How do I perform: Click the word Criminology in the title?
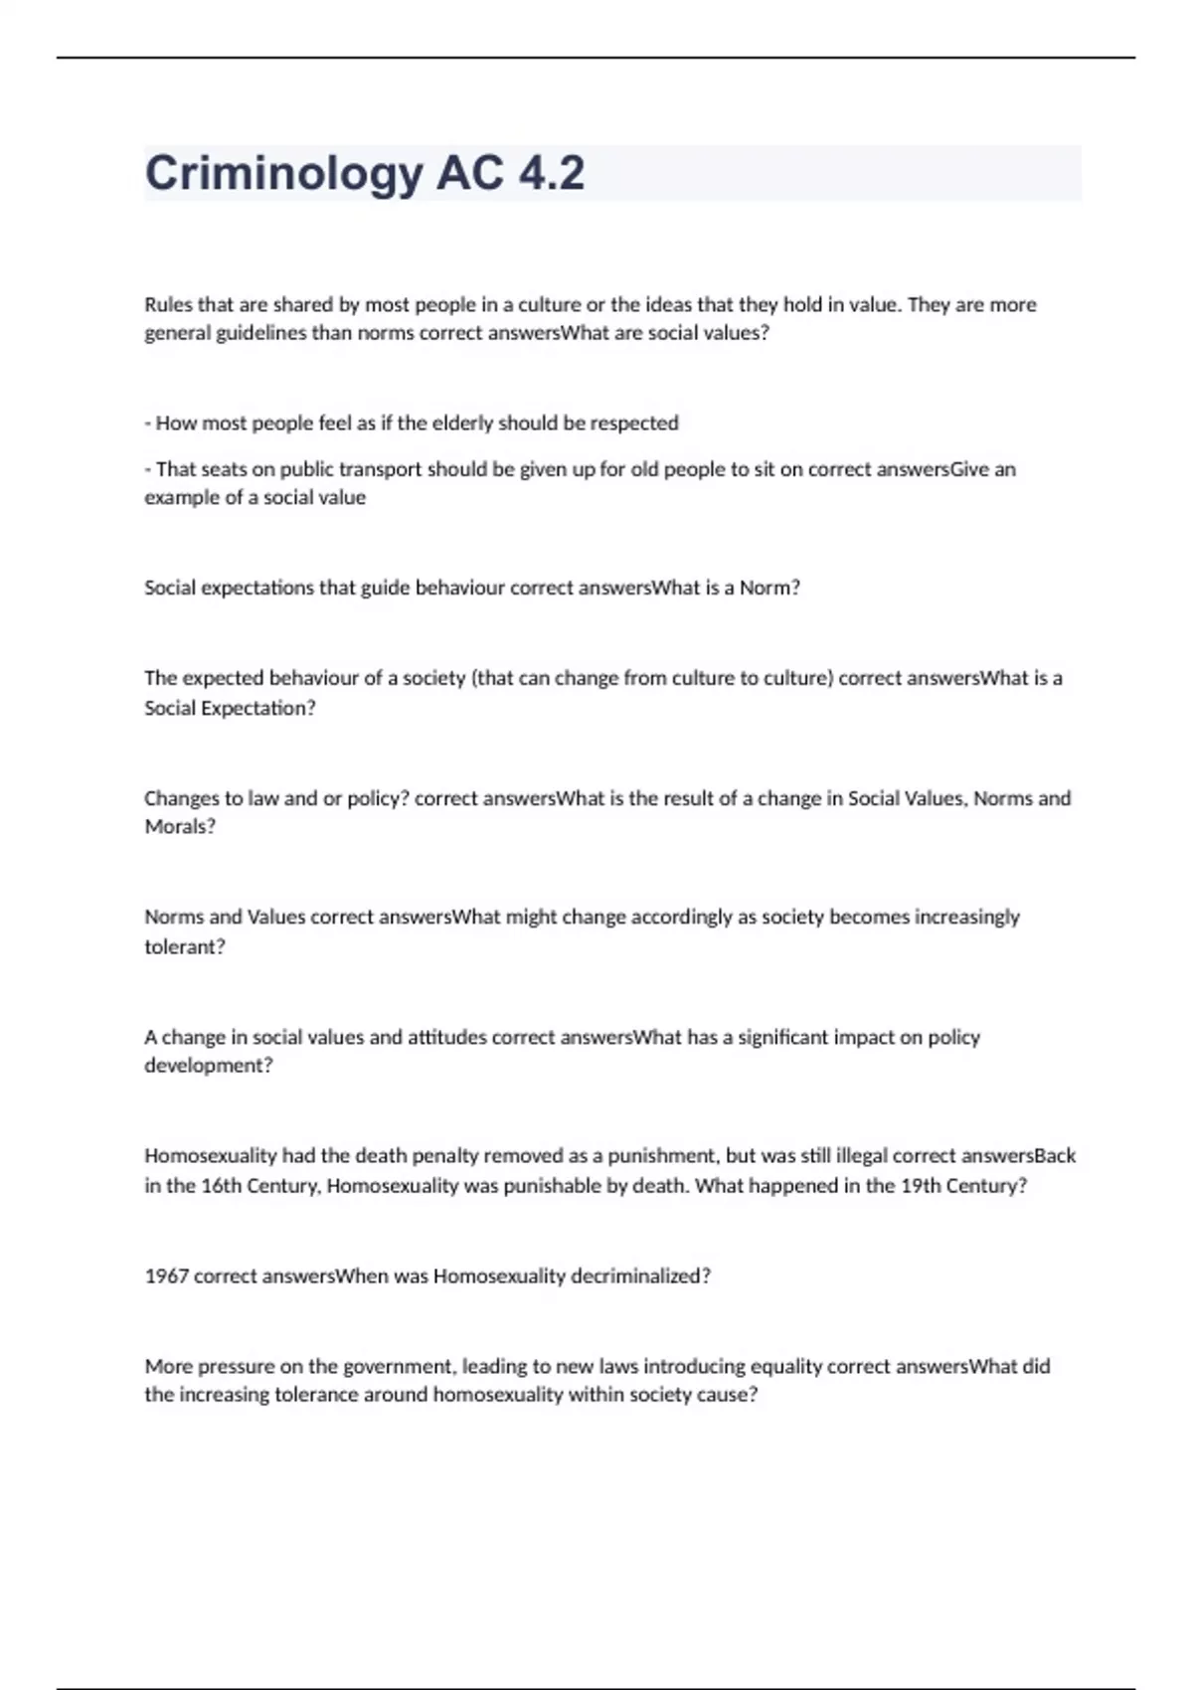[283, 174]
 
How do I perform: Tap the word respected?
[634, 422]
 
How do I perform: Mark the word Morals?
[180, 827]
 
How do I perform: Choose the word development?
[209, 1066]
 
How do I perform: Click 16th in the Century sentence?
[222, 1186]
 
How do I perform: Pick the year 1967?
[166, 1276]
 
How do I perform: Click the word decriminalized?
[640, 1276]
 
